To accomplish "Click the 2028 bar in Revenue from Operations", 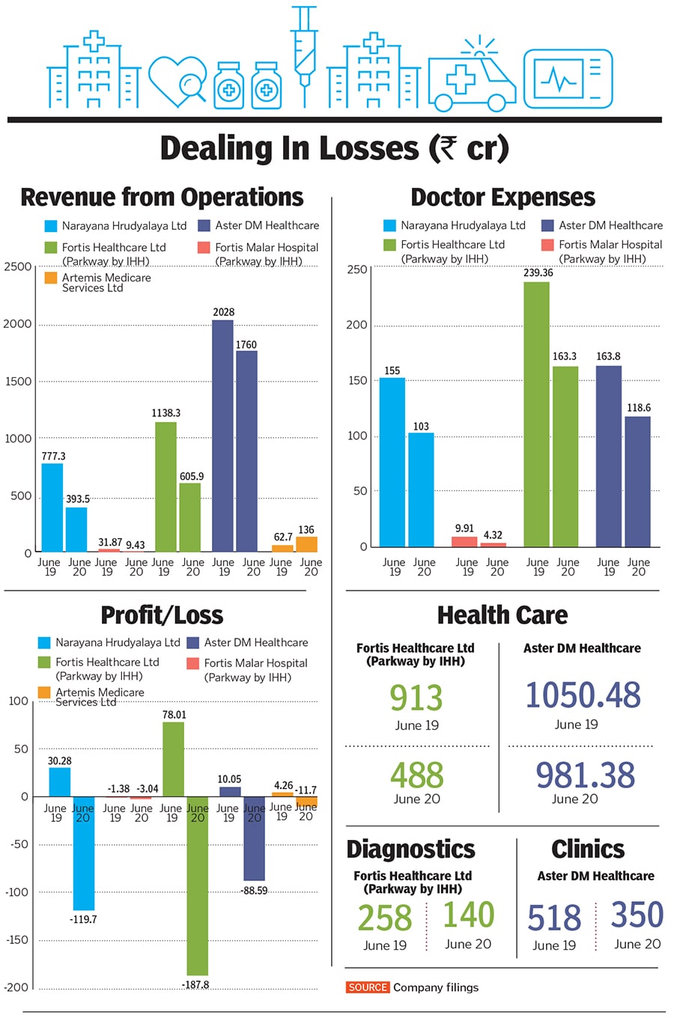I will (x=222, y=436).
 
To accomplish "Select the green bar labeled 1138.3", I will (x=166, y=487).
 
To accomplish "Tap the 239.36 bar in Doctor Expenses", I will (x=536, y=414).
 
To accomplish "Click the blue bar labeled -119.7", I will (x=83, y=853).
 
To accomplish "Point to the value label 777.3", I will (x=54, y=456).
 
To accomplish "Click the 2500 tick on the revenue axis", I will (x=18, y=266).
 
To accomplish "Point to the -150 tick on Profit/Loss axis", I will (x=16, y=939).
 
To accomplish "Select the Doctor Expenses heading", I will (x=503, y=197).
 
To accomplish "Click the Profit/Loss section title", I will (x=162, y=615).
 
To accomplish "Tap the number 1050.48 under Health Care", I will (x=583, y=695).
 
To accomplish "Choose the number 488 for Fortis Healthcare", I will (x=416, y=775).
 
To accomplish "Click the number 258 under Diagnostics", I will (x=385, y=918).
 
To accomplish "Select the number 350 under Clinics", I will (x=637, y=915).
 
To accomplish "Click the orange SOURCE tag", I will (x=368, y=987).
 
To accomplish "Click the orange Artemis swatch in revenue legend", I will (x=51, y=278).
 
